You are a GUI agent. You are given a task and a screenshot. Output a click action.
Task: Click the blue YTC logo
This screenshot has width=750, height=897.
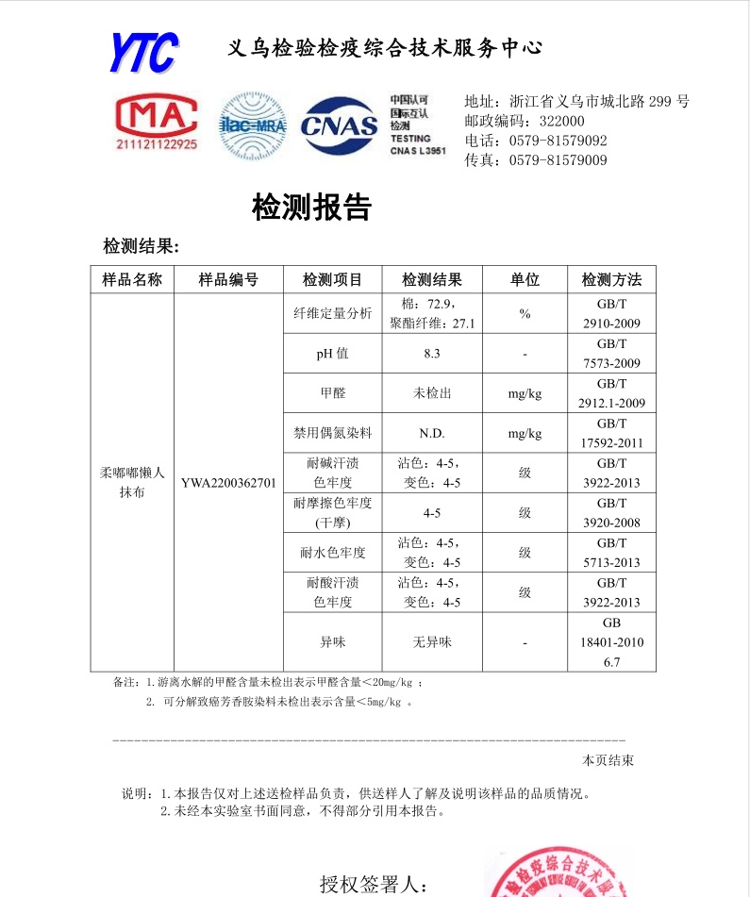point(143,52)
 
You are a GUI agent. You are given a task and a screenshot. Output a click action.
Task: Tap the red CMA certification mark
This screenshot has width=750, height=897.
point(157,123)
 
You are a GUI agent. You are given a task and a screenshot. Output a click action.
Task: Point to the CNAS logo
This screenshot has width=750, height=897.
point(339,125)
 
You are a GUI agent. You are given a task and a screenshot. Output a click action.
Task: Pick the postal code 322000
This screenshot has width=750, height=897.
point(561,121)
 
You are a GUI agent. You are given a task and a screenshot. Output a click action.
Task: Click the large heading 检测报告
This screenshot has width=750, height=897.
point(311,207)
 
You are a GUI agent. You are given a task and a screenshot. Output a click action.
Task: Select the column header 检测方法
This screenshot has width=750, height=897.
point(611,279)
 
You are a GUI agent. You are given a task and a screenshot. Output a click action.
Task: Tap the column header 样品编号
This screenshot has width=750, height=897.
point(227,279)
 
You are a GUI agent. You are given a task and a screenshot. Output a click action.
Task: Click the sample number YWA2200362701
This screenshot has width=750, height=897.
point(228,483)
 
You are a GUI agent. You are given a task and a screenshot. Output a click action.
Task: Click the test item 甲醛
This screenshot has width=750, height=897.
point(333,393)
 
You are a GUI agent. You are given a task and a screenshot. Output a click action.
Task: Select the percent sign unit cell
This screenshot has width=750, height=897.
point(525,314)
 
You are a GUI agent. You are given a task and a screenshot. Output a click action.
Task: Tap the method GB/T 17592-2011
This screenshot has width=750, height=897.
point(611,433)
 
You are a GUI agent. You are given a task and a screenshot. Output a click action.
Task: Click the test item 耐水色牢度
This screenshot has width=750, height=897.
point(333,553)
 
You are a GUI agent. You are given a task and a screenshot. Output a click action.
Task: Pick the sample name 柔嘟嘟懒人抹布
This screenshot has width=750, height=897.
point(132,482)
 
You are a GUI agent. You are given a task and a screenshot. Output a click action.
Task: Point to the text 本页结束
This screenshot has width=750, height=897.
point(608,760)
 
